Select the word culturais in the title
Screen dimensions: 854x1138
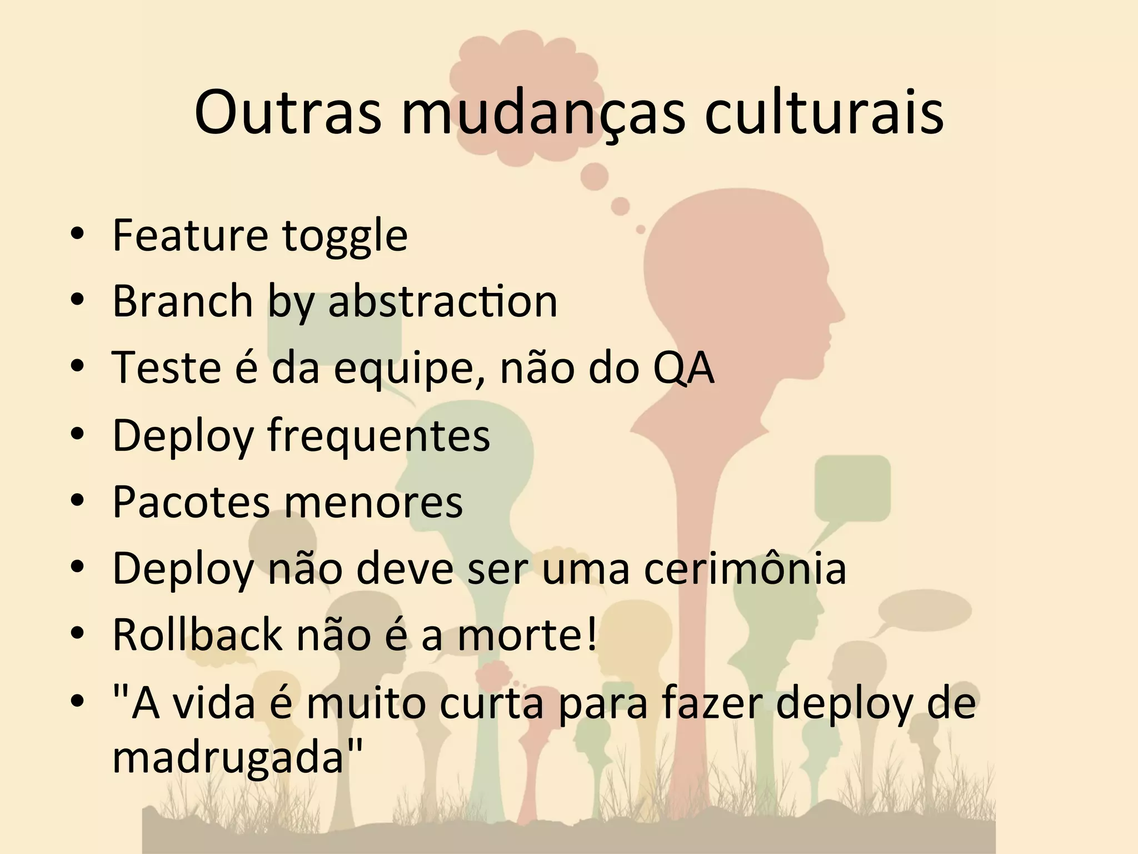point(824,113)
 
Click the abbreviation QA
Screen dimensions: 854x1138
point(683,368)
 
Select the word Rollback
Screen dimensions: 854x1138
point(197,634)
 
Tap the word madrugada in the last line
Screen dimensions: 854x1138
point(233,757)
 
